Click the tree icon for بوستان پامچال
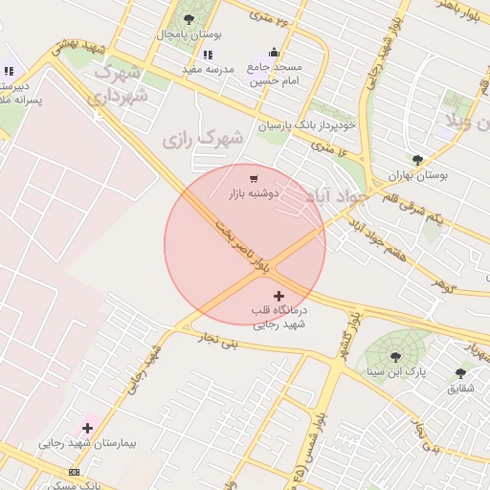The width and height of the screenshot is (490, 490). coord(188,19)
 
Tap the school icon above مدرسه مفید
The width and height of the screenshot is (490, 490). coord(209,55)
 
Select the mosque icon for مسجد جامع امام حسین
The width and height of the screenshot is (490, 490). coord(275,53)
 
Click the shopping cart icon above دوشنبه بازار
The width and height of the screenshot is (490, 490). coord(254,178)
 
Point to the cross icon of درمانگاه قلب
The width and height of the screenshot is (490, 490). coord(278,297)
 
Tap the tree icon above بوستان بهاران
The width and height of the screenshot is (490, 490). coord(416,160)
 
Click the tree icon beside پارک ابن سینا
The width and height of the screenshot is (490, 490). coord(369,369)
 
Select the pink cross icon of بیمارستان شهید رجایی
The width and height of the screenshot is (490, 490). coord(87,428)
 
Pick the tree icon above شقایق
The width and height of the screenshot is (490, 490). coord(460,373)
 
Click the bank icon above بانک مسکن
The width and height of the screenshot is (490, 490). coord(75,473)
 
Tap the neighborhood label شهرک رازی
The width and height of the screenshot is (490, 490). coord(202,140)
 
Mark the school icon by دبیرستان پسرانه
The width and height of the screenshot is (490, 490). coord(9,70)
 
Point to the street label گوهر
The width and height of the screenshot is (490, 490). coord(441,284)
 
